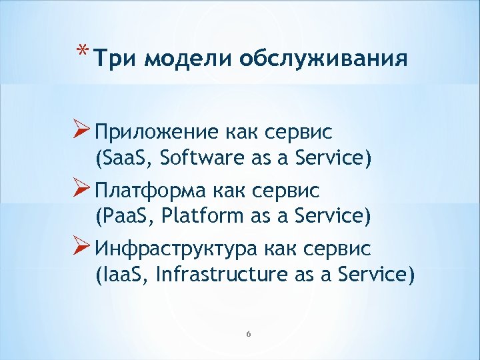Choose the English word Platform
tap(196, 217)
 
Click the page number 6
tap(247, 333)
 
